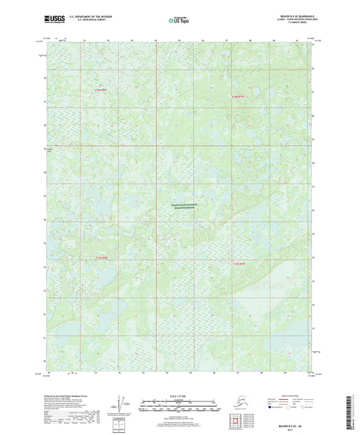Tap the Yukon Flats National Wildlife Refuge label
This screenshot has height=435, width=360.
click(x=180, y=208)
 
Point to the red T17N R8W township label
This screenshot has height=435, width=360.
click(x=101, y=90)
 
